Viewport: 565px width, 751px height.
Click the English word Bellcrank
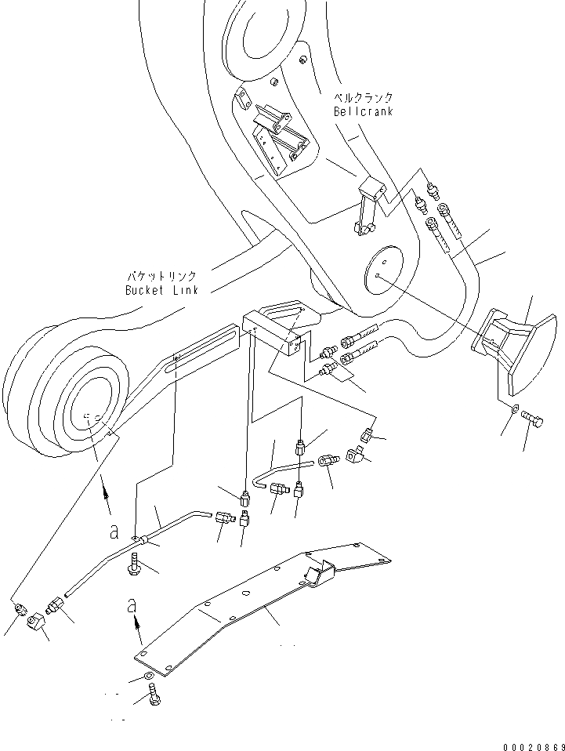(363, 111)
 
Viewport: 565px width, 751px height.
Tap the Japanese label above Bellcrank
(363, 98)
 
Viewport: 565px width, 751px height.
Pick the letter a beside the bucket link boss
(114, 532)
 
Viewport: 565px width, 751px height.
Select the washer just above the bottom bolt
(149, 677)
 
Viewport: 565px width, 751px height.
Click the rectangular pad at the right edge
(513, 349)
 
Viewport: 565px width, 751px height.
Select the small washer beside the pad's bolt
(513, 409)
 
